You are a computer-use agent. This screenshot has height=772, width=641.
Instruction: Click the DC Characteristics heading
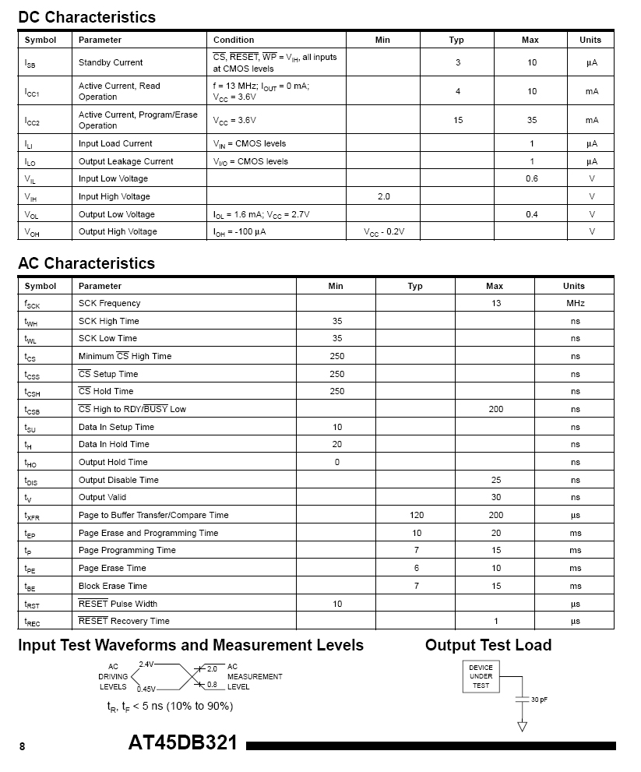coord(86,17)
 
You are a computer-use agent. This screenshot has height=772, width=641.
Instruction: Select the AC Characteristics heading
coord(86,263)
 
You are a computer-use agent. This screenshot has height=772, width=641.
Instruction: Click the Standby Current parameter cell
coord(111,62)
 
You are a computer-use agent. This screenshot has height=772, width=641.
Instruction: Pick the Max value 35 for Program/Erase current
coord(531,120)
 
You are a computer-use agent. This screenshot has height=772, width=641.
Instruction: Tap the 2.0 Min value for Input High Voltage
coord(383,196)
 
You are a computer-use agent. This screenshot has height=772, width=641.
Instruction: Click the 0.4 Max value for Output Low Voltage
coord(531,214)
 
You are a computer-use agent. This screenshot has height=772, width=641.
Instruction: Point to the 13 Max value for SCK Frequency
coord(496,303)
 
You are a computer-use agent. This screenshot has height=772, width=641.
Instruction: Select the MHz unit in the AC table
coord(575,303)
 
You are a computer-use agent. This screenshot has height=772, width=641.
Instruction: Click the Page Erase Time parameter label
coord(112,568)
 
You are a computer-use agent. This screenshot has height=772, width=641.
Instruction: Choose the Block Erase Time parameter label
coord(113,586)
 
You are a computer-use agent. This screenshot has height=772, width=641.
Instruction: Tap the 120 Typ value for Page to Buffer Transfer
coord(416,515)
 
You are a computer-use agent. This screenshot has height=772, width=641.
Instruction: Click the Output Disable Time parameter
coord(118,480)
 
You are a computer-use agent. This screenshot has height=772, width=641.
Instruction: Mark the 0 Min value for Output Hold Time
coord(336,462)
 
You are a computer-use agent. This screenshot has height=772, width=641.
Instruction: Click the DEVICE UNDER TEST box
coord(481,676)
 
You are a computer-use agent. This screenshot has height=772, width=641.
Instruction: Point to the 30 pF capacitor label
coord(539,700)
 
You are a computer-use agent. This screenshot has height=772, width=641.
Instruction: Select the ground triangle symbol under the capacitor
coord(522,727)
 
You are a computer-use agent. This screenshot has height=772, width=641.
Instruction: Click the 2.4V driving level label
coord(146,664)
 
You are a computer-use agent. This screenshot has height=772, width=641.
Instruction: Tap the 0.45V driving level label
coord(146,689)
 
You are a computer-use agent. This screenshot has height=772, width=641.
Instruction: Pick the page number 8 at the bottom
coord(22,746)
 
